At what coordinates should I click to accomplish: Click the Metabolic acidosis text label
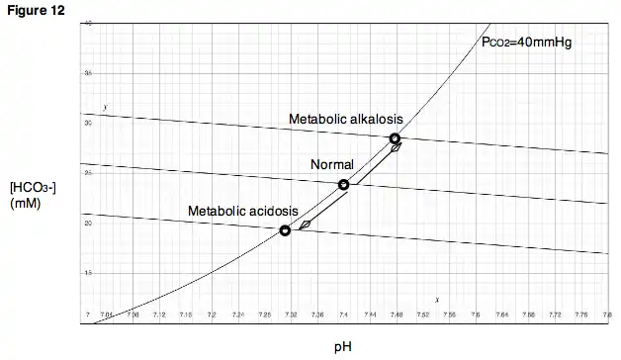(242, 212)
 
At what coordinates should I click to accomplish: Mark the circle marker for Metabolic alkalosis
(395, 138)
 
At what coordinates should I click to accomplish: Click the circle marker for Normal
(343, 185)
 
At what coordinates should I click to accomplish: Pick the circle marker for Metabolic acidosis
(285, 230)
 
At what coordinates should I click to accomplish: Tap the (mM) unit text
(24, 203)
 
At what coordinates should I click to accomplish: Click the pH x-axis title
(342, 347)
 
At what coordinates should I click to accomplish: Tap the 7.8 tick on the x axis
(606, 315)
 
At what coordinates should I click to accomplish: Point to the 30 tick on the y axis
(87, 123)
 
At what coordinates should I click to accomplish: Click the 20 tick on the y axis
(87, 223)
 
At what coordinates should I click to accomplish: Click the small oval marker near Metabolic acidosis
(305, 225)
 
